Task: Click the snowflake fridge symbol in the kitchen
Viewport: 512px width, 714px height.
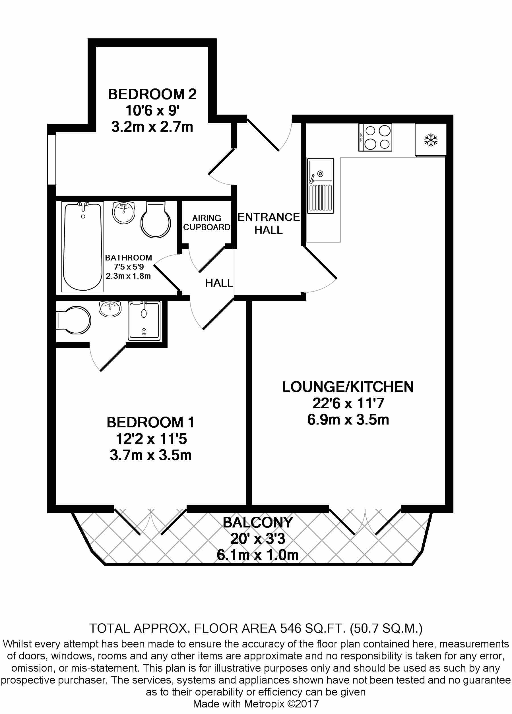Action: pos(430,140)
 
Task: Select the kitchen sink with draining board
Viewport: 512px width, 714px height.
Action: pos(320,186)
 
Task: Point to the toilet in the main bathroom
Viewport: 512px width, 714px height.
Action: pos(155,220)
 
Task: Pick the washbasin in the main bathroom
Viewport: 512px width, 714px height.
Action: pos(124,212)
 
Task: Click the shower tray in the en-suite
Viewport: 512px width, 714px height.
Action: pos(144,320)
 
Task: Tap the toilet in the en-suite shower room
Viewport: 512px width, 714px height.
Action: pos(74,320)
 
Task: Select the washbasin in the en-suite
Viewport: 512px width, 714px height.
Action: pos(110,308)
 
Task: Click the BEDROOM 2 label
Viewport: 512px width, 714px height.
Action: pos(152,94)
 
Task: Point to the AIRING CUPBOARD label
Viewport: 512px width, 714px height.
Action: pos(207,223)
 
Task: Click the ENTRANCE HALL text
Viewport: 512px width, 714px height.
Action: pos(268,223)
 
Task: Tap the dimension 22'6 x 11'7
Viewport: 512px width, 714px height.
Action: pos(348,403)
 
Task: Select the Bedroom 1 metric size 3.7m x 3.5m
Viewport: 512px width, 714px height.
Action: pos(150,455)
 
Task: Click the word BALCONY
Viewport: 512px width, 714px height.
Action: pos(258,522)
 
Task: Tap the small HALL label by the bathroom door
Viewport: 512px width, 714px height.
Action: pos(219,283)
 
